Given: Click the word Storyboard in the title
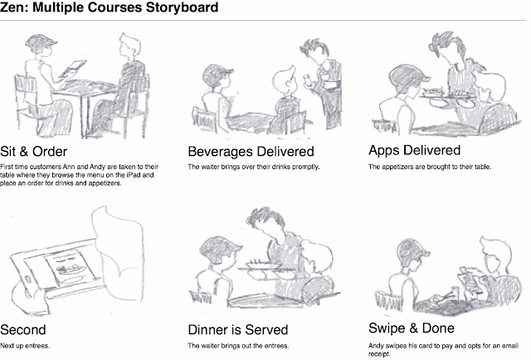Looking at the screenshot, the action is (182, 7).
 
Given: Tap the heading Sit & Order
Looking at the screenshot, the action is (33, 152).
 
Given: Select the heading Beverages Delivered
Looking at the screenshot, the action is (251, 152).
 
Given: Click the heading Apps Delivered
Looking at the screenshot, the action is (415, 151).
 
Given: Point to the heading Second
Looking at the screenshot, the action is (23, 329).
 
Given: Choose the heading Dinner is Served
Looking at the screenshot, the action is (238, 329).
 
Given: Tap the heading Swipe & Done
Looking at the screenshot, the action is (412, 328).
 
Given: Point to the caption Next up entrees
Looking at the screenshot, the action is (25, 346).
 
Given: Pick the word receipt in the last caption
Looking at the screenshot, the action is (379, 354).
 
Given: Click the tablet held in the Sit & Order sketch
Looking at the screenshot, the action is (72, 69).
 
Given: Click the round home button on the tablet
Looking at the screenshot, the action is (27, 280).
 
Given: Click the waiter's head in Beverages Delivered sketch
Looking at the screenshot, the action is (315, 51).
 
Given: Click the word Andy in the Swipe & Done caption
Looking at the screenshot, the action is (376, 346).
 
